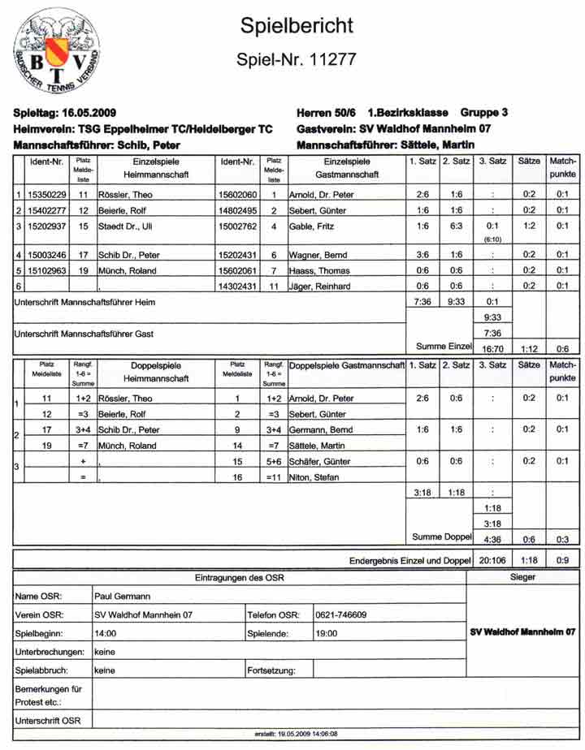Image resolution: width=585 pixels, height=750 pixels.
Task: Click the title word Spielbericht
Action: coord(297,26)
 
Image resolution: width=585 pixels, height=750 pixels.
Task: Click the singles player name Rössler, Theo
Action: coord(124,195)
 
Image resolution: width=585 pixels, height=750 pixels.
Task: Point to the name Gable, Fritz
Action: coord(313,226)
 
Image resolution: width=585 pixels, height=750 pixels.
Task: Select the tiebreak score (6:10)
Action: coord(492,239)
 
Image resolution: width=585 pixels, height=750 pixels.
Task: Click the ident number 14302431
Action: coord(238,286)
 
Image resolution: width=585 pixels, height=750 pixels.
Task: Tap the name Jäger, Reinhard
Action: coord(322,286)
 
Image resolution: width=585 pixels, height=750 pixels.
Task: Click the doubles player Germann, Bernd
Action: coord(322,429)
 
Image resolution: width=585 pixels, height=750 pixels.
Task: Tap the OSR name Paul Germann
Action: coord(123,596)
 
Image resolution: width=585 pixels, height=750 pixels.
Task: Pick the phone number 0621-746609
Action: coord(341,614)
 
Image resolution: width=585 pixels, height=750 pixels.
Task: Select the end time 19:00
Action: coord(327,632)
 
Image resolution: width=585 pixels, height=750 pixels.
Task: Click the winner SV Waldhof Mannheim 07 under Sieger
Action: coord(523,631)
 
